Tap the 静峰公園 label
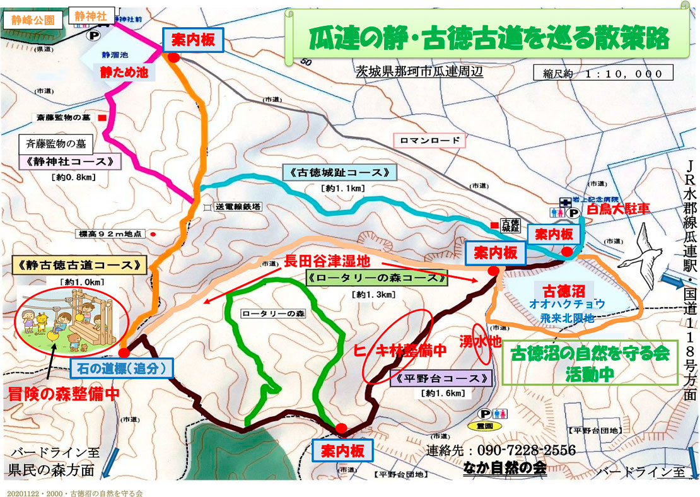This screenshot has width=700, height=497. pos(33,19)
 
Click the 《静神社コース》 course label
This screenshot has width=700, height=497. pos(70,162)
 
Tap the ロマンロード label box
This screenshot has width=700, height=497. pos(429,140)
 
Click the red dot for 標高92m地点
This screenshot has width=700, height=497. pos(153,233)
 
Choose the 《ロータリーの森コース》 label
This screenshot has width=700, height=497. pos(376,278)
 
